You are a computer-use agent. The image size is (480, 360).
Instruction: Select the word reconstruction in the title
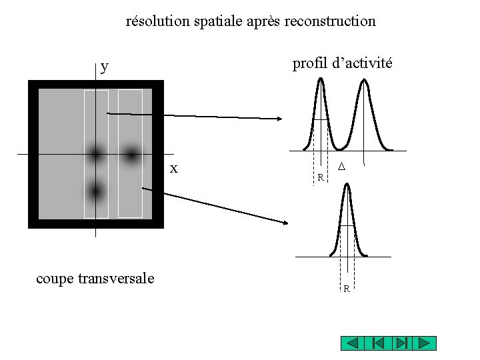click(330, 21)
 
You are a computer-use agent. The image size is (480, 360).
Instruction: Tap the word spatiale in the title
click(218, 21)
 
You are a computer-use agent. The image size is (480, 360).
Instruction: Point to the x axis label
click(174, 169)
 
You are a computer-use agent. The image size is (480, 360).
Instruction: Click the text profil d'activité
click(342, 64)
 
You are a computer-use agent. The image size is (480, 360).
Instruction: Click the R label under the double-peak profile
click(321, 178)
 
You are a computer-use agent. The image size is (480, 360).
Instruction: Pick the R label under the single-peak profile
click(347, 289)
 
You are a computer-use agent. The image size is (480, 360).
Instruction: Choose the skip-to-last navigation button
click(401, 343)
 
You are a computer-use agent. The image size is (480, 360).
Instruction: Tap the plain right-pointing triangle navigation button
click(424, 343)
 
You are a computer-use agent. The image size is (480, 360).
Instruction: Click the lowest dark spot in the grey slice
click(96, 192)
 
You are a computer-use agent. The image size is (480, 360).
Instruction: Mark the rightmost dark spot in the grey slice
click(131, 155)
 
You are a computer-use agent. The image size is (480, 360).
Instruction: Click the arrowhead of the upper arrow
click(280, 119)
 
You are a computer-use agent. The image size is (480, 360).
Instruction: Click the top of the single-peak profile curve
click(346, 185)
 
